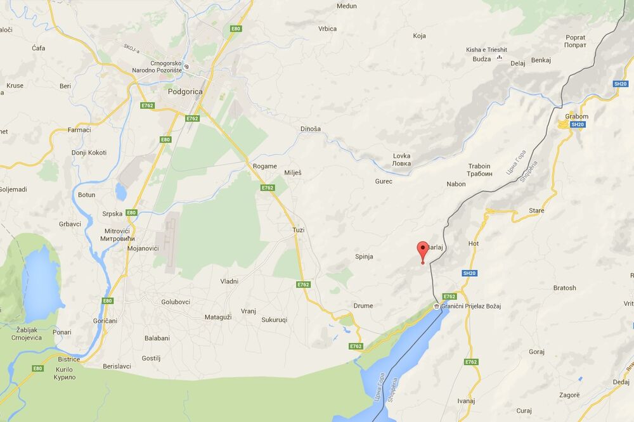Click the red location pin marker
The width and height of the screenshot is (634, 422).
coord(422,250)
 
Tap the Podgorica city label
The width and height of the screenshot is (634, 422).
coord(185,91)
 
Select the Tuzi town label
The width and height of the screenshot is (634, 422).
coord(298,230)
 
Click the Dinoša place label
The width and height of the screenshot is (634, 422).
coord(311,129)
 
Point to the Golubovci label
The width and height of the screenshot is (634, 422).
coord(176,302)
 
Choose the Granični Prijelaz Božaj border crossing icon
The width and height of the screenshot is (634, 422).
coord(437,307)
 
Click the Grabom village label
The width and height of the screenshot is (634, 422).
coord(577,117)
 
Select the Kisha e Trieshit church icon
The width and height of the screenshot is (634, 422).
coord(500,58)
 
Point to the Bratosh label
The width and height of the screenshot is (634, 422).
coord(564,288)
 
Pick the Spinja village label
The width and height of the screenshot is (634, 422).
coord(363,257)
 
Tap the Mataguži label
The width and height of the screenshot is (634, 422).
coord(218,317)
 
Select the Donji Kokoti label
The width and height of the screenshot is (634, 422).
coord(89,153)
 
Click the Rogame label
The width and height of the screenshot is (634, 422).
coord(264,166)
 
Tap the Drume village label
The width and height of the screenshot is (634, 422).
coord(363,305)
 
